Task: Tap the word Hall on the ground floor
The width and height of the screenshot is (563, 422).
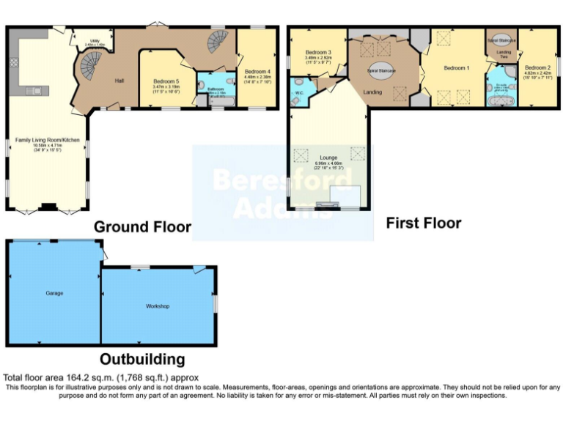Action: [x=118, y=81]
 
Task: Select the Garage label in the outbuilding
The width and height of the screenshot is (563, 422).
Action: [x=54, y=293]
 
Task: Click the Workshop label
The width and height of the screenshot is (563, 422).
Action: [x=157, y=305]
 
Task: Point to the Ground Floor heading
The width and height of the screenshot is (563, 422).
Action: [x=142, y=227]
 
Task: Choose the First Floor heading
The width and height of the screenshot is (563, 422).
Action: [x=424, y=223]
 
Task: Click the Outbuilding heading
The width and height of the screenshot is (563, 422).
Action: [x=142, y=359]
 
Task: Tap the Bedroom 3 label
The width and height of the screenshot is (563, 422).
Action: [x=319, y=53]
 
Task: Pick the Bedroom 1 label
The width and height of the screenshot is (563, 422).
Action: [x=457, y=68]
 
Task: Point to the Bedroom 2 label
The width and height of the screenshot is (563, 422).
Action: [x=537, y=67]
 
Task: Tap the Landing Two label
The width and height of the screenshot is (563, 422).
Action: [x=504, y=55]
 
